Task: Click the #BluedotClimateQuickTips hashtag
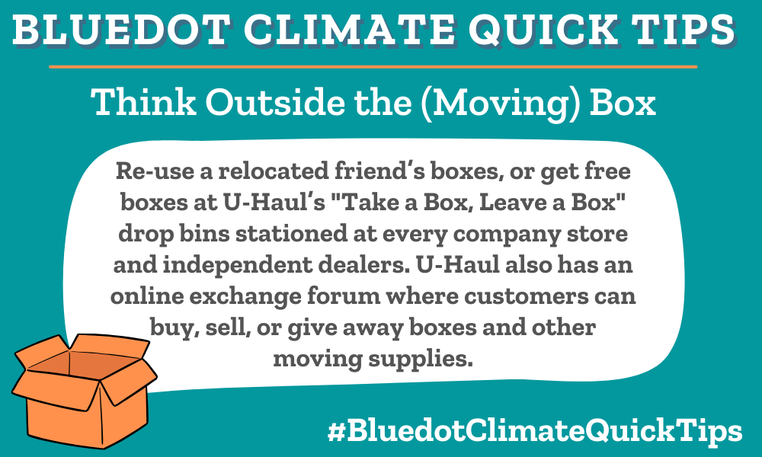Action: [x=533, y=432]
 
